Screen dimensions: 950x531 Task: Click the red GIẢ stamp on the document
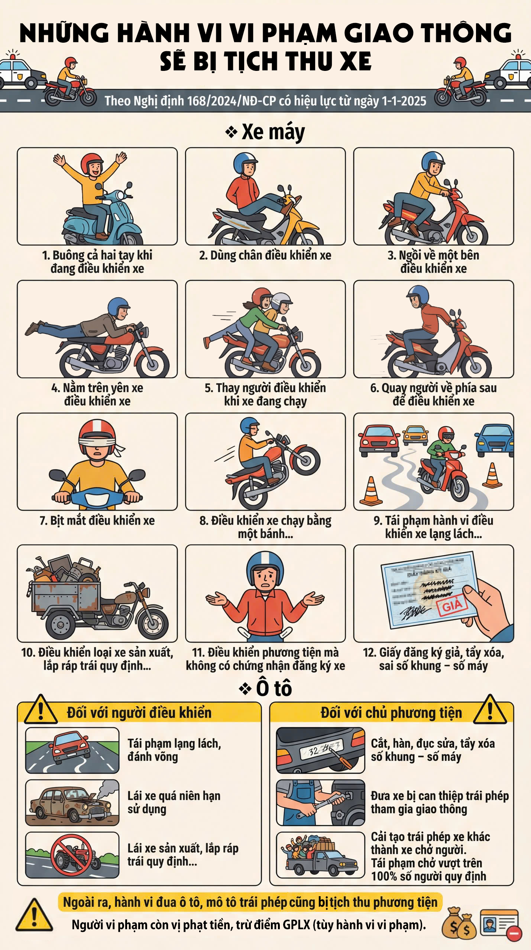point(452,606)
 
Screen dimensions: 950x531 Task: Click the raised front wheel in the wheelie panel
point(306,460)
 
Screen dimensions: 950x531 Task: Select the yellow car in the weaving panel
point(415,435)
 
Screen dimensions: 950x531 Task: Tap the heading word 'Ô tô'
point(274,689)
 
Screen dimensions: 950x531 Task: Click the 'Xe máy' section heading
point(273,132)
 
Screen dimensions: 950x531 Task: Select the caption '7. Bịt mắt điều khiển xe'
point(97,521)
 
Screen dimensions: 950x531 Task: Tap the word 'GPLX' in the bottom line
point(296,925)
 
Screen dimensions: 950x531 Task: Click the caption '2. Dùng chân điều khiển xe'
point(265,255)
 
